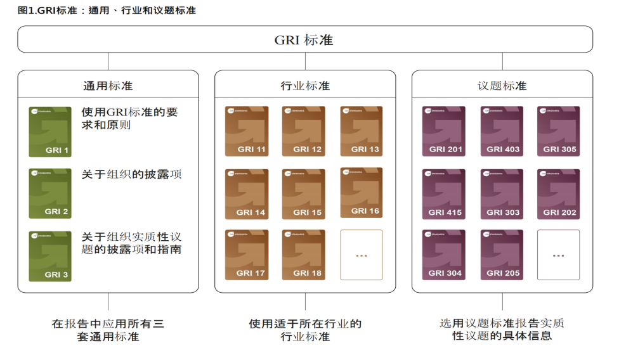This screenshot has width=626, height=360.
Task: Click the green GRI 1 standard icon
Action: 50,132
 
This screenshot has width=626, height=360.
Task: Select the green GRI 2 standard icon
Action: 50,193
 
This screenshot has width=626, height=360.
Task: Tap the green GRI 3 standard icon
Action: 50,256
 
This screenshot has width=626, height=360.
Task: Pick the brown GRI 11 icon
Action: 246,131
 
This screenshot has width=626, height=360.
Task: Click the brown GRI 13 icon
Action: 361,131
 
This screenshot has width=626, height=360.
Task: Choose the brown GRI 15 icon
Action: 303,194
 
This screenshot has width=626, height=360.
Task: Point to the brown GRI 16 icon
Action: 361,193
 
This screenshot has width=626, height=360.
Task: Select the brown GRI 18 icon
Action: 303,255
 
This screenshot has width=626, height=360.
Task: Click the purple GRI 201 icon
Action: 443,131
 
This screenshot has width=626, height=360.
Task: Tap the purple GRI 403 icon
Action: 501,131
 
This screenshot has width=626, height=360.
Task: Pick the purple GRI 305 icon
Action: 558,131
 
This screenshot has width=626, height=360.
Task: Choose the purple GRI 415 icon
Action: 443,194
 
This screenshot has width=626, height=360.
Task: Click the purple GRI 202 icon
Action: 558,194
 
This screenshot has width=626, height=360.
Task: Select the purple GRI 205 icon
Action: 501,255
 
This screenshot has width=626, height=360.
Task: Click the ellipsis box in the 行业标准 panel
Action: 361,255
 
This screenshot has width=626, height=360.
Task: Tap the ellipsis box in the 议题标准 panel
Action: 558,255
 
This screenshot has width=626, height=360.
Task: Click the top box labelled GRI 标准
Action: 304,40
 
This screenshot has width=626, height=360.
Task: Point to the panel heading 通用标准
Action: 108,86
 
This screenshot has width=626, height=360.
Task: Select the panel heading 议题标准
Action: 502,86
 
